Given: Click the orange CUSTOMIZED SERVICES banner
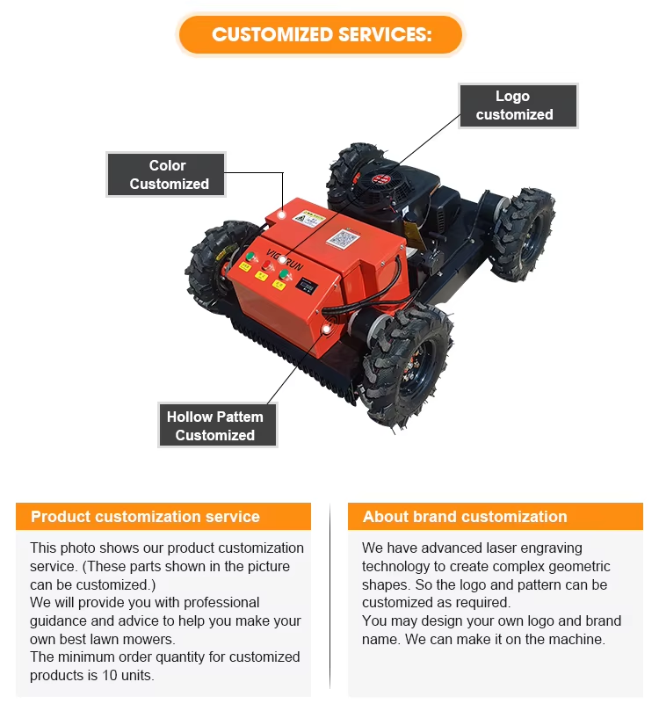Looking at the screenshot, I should click(x=321, y=35).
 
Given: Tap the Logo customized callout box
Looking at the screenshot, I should click(x=518, y=105).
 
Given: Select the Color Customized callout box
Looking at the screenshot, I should click(x=167, y=174).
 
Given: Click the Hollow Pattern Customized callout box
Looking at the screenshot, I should click(x=215, y=425).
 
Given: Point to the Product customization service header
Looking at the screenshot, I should click(x=163, y=517).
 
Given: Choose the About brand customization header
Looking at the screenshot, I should click(x=496, y=517).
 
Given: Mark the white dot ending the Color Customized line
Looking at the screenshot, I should click(x=281, y=214).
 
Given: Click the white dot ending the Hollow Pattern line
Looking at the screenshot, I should click(x=326, y=330).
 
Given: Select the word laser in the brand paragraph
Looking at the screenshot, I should click(x=492, y=548).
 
